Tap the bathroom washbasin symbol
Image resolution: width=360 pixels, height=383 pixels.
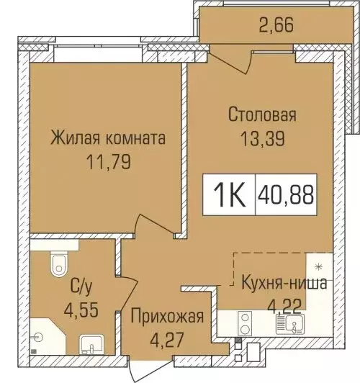(x=89, y=345)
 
